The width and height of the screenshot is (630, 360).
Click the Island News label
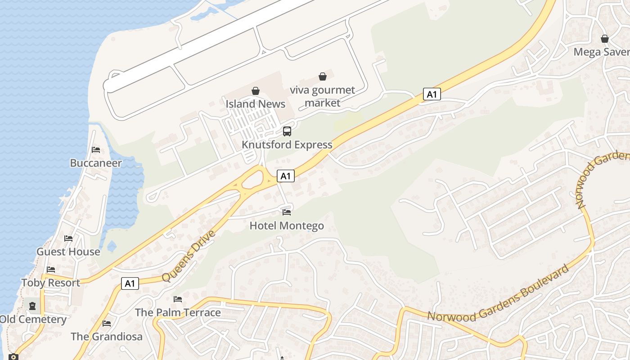[x=255, y=104]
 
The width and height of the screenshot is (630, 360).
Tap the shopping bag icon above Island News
[x=256, y=91]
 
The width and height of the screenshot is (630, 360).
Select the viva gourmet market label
[x=322, y=96]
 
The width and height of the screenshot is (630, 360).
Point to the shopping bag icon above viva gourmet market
[x=322, y=76]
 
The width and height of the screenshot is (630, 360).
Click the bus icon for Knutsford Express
[x=287, y=131]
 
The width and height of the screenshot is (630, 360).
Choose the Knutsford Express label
[x=287, y=145]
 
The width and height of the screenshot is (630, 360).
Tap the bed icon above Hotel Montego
[x=287, y=212]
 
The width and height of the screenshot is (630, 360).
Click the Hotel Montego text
[x=287, y=225]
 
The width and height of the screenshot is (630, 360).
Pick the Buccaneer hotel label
[x=96, y=163]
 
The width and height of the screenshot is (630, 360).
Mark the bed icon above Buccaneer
[x=96, y=150]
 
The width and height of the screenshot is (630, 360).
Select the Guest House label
[x=68, y=252]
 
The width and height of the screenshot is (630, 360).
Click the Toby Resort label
[x=51, y=283]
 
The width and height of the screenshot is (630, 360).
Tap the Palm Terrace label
[x=178, y=312]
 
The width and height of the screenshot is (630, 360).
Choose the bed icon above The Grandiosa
[x=107, y=323]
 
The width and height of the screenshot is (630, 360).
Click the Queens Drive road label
[x=189, y=256]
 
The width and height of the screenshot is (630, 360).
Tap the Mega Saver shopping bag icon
[x=605, y=39]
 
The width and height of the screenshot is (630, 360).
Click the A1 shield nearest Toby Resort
[x=130, y=283]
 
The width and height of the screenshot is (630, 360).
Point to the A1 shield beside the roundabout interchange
[x=286, y=176]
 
